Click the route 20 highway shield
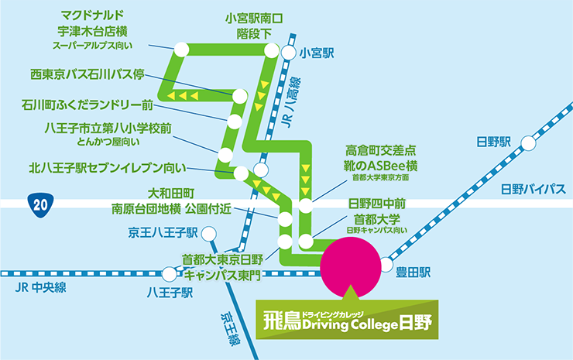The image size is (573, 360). [x=40, y=205]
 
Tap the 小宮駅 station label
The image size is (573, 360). [x=317, y=53]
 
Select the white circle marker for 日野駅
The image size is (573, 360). [x=528, y=143]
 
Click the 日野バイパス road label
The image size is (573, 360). [x=534, y=190]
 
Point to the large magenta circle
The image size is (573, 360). [x=351, y=267]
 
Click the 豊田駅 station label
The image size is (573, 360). [x=413, y=273]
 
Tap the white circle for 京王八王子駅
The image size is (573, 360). [x=208, y=234]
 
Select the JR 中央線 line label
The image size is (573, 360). [x=40, y=288]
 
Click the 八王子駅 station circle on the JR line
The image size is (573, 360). [x=170, y=274]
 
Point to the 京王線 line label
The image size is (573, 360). [x=231, y=329]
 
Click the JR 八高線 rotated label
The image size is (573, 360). [x=293, y=102]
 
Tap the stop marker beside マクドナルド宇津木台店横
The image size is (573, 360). [x=182, y=50]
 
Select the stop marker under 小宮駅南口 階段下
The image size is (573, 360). [x=272, y=50]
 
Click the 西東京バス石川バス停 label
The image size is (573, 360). [x=87, y=74]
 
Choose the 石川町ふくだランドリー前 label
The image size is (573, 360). [x=87, y=105]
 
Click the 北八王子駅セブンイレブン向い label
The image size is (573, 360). [x=108, y=168]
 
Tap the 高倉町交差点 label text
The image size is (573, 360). [x=380, y=150]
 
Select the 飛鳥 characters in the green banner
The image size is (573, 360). [x=282, y=321]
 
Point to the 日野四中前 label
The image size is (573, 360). [x=376, y=203]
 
